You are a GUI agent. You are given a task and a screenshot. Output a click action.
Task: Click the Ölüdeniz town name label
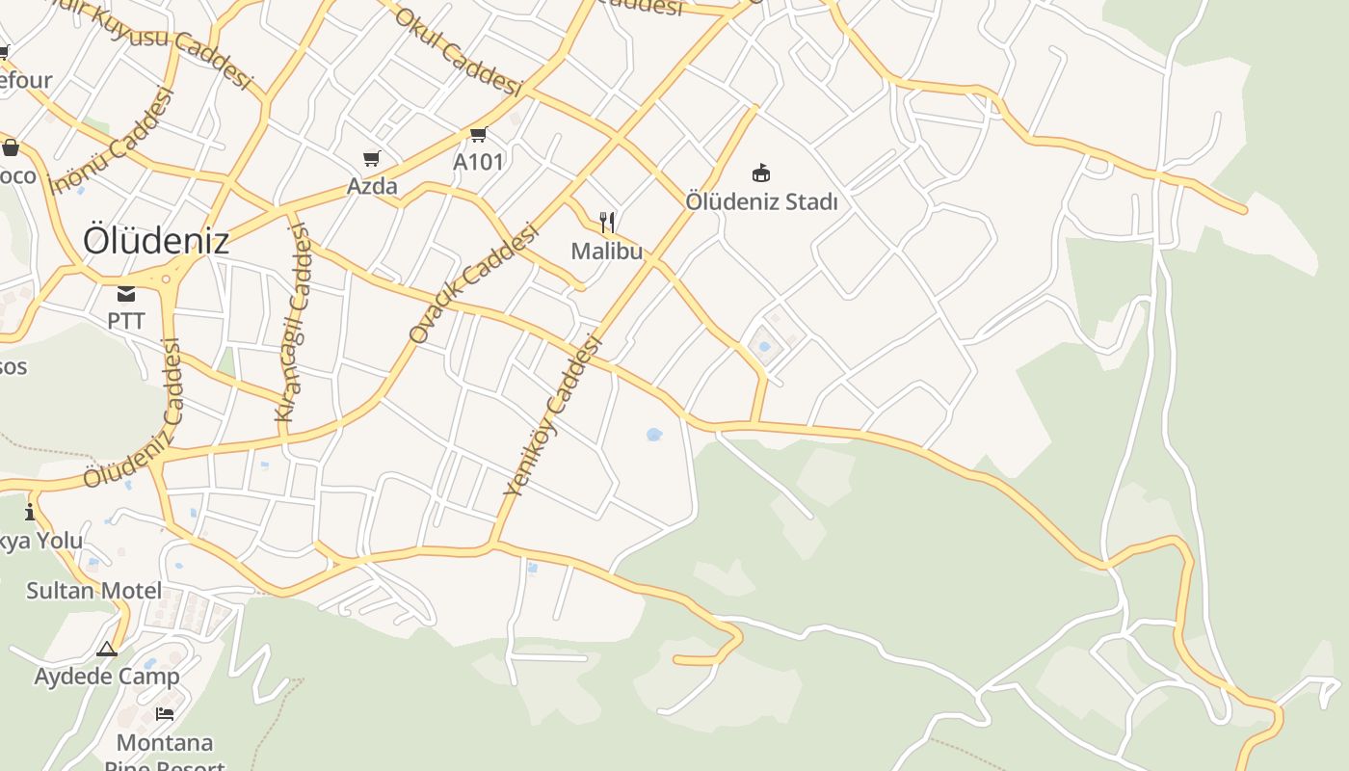(156, 240)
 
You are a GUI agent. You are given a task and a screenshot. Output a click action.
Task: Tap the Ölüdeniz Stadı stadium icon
(761, 173)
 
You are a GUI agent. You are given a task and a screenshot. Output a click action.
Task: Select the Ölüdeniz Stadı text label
(761, 202)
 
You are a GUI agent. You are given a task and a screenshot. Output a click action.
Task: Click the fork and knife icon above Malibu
(607, 224)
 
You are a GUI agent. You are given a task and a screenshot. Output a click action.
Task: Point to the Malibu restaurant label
(607, 252)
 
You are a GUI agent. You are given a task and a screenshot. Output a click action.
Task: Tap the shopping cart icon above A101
(479, 135)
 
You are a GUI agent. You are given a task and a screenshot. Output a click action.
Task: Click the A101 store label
(479, 162)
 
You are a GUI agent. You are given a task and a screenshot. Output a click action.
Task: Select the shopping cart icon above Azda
(372, 158)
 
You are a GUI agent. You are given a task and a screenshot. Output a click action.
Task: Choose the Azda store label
(372, 185)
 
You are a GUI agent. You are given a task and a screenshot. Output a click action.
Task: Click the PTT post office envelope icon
(126, 294)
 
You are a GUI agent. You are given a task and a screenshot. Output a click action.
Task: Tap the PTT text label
(126, 320)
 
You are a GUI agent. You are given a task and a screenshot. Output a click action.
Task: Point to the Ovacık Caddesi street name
(472, 284)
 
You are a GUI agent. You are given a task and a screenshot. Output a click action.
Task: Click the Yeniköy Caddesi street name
(553, 415)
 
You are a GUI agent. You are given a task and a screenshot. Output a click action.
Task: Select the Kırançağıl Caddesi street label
(293, 323)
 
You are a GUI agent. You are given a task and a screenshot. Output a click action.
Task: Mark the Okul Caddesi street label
(458, 52)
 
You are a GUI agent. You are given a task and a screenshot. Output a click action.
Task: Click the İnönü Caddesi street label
(113, 141)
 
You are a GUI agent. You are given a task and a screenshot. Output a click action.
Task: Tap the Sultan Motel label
(93, 590)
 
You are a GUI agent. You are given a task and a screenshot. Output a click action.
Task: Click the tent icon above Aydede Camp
(107, 649)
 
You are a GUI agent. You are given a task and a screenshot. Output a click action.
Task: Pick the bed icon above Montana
(165, 714)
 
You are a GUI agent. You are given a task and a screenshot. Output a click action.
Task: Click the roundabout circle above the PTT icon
(167, 279)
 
